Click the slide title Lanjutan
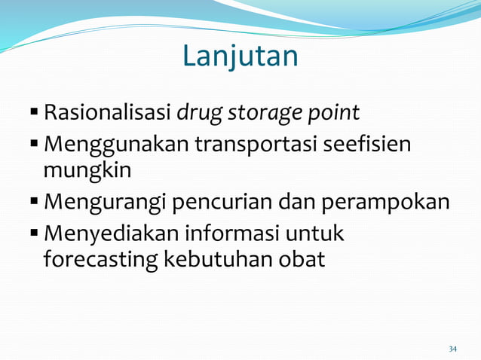(240, 56)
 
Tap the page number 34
(452, 349)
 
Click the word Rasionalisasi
(107, 113)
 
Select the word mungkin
(87, 170)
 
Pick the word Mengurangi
(106, 203)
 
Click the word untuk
(316, 234)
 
